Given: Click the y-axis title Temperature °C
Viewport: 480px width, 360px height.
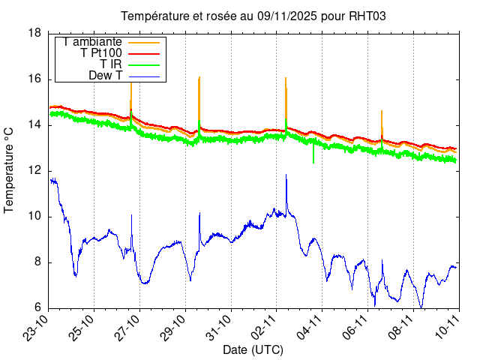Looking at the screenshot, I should pyautogui.click(x=10, y=170).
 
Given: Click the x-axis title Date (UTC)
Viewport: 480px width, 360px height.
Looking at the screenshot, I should pyautogui.click(x=253, y=350).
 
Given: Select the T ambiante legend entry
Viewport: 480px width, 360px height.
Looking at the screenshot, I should pyautogui.click(x=92, y=42).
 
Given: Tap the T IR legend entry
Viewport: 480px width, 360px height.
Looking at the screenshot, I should pyautogui.click(x=111, y=64).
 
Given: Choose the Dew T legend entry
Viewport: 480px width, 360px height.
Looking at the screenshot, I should pyautogui.click(x=106, y=76).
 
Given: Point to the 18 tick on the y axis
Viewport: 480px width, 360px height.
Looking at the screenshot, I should pyautogui.click(x=34, y=33).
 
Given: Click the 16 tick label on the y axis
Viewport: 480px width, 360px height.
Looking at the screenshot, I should pyautogui.click(x=34, y=79).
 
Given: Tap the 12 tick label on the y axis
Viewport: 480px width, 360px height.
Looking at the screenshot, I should pyautogui.click(x=34, y=171).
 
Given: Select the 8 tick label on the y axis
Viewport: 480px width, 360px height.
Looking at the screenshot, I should pyautogui.click(x=37, y=262).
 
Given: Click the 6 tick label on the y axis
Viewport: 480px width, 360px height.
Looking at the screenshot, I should pyautogui.click(x=37, y=308).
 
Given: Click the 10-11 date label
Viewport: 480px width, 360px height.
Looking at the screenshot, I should pyautogui.click(x=448, y=328).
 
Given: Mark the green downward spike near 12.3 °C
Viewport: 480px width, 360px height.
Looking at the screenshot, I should pyautogui.click(x=313, y=161).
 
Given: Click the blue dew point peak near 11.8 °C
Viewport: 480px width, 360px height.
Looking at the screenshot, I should pyautogui.click(x=286, y=175).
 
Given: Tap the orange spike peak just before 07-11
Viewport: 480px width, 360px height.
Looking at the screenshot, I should pyautogui.click(x=382, y=112).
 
